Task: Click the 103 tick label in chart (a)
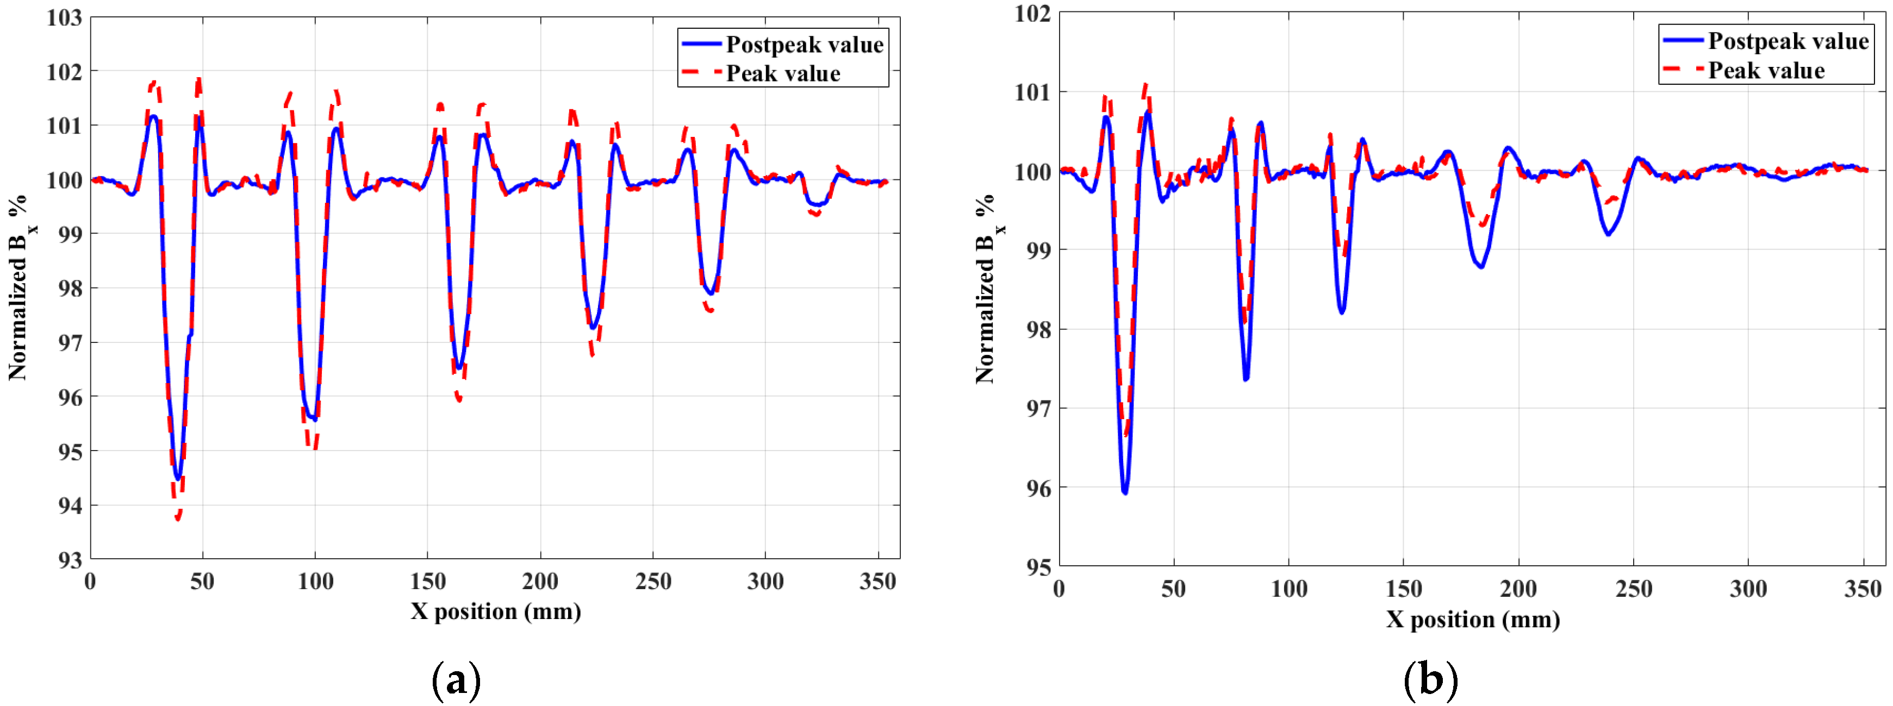65,17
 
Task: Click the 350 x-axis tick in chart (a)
877,582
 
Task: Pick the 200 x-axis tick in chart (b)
1518,589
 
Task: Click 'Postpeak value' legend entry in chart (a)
804,45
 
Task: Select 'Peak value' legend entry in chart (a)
783,73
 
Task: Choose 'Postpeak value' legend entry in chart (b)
1787,41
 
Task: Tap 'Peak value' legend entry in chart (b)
1765,71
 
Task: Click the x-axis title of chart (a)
496,611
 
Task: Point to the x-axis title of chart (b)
1473,619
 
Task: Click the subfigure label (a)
456,679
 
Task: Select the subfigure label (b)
1430,679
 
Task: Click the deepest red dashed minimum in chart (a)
177,518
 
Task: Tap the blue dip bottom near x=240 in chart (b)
1609,234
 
